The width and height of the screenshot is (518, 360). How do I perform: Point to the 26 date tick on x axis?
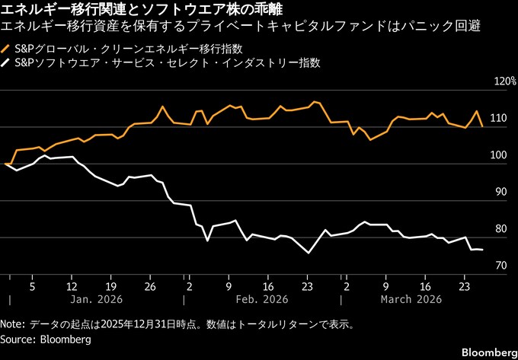coord(150,287)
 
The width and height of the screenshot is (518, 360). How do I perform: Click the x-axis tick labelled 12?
coord(72,287)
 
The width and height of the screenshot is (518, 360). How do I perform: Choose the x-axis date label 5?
coord(32,287)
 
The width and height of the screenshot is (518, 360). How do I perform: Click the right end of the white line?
coord(482,250)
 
